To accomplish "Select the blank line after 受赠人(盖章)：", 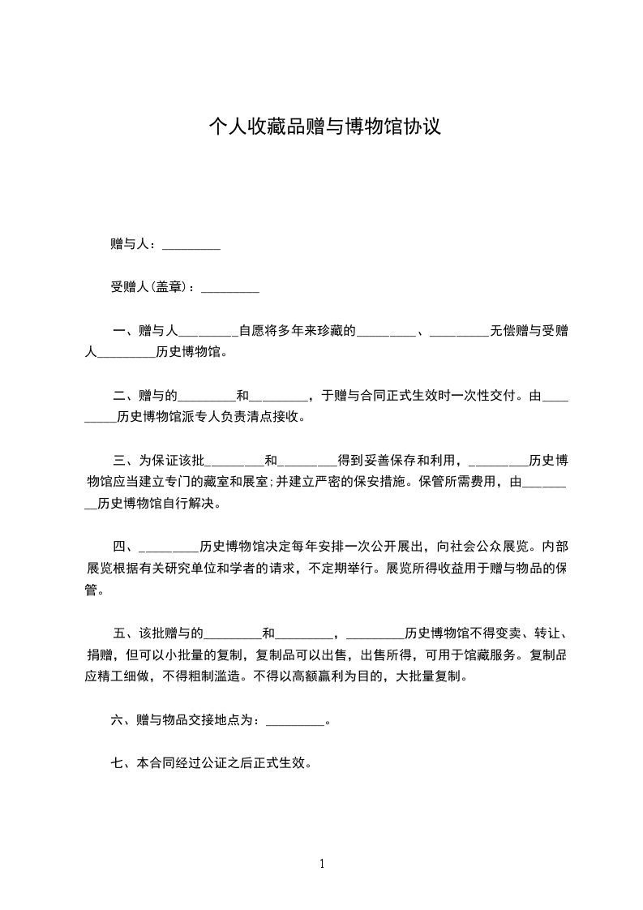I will click(230, 287).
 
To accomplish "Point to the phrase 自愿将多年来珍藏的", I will click(297, 331).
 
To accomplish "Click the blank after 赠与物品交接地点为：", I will click(294, 719).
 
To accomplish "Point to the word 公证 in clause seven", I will click(226, 763).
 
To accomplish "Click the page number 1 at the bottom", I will click(322, 865).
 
